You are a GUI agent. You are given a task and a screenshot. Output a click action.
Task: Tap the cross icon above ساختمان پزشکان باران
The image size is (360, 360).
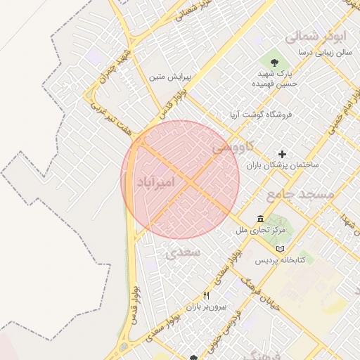[x=282, y=154]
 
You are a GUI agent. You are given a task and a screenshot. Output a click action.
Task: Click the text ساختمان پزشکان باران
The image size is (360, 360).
[x=282, y=165]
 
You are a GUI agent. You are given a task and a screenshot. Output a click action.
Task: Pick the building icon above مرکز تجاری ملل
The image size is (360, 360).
[x=261, y=219]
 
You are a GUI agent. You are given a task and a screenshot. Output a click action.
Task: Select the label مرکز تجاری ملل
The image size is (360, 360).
[x=261, y=230]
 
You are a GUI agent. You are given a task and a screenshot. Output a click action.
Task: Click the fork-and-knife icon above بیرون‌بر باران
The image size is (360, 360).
[x=205, y=296]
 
